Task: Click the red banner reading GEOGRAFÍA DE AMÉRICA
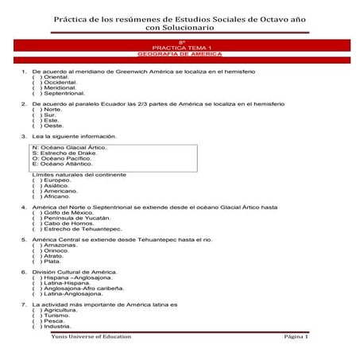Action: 180,54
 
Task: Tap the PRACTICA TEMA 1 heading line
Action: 180,48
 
